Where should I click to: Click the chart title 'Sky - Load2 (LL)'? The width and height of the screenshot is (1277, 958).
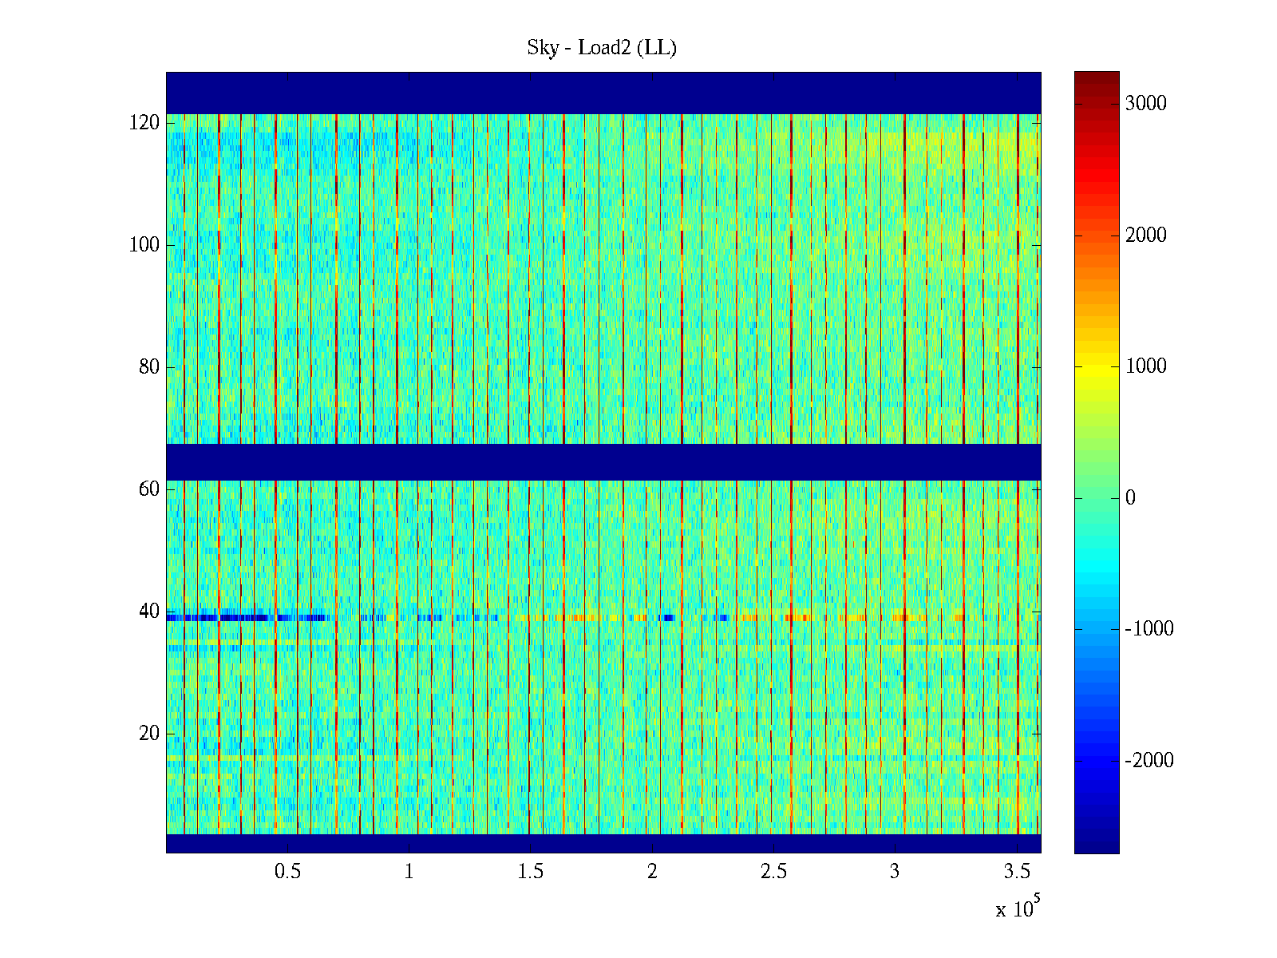[x=602, y=48]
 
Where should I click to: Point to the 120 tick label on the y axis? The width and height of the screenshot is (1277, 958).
[x=144, y=123]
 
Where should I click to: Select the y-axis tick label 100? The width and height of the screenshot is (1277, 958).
[x=144, y=245]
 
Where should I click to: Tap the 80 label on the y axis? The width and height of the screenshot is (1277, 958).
[x=149, y=367]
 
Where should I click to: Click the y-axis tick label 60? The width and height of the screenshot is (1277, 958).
[x=149, y=489]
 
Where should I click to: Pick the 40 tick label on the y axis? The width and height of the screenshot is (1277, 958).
[x=149, y=612]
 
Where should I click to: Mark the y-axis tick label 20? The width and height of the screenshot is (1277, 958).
[x=149, y=734]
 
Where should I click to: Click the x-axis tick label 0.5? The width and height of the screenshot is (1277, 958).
[x=287, y=872]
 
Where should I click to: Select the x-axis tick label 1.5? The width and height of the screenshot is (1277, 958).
[x=531, y=872]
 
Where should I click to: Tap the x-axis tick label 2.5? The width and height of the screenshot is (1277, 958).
[x=773, y=872]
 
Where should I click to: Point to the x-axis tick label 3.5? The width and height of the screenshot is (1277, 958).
[x=1017, y=872]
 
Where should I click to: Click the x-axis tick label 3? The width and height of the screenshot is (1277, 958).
[x=895, y=872]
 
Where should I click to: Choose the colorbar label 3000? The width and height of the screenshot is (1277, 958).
[x=1146, y=104]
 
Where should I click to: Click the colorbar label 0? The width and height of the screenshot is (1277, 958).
[x=1130, y=498]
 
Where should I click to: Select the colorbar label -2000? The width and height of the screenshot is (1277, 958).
[x=1149, y=761]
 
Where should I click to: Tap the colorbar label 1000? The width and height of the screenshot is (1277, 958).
[x=1146, y=366]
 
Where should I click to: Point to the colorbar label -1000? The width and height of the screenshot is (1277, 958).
[x=1149, y=629]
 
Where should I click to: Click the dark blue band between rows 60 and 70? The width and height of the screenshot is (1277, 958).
[x=603, y=461]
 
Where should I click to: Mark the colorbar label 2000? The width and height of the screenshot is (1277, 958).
[x=1146, y=236]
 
